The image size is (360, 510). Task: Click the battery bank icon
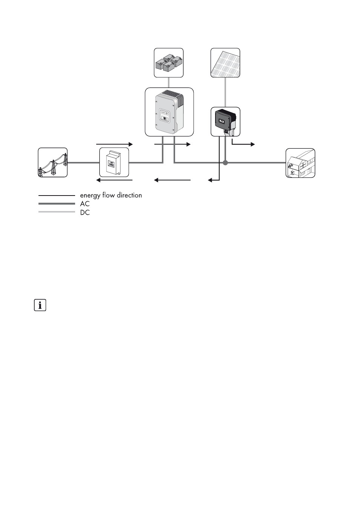pos(169,63)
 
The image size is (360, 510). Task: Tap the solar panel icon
pos(225,63)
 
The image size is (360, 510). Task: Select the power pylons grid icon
pos(53,162)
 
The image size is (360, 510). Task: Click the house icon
pos(300,163)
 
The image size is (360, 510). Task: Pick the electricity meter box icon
pos(114,163)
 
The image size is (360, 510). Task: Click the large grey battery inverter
pos(169,112)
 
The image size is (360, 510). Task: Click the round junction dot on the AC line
pos(225,163)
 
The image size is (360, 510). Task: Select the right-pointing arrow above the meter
pos(115,144)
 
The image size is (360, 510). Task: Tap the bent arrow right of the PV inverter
pos(243,143)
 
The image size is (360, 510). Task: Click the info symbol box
pos(40,305)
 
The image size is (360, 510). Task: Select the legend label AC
pos(85,204)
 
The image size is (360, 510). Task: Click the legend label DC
pos(85,213)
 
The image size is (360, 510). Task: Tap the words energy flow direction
pos(111,195)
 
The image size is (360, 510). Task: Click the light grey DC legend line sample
pos(57,212)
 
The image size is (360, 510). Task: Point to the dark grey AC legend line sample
pos(57,204)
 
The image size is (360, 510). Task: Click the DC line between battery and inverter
pos(169,83)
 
